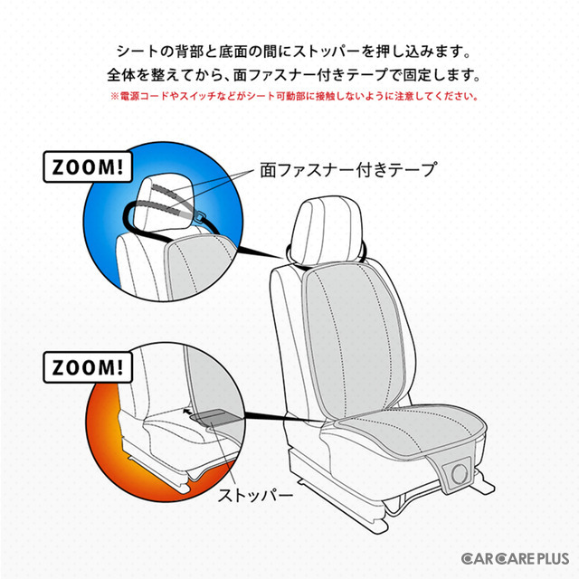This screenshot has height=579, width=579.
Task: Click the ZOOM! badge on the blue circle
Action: [88, 166]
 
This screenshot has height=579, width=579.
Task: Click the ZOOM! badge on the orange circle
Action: [88, 367]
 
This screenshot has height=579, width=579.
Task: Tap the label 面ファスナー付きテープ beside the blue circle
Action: [348, 170]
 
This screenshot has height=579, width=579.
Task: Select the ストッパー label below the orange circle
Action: [255, 495]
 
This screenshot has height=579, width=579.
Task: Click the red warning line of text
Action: [294, 97]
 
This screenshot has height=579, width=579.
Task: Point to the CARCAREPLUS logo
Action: [515, 558]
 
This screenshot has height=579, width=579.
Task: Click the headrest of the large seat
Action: [327, 231]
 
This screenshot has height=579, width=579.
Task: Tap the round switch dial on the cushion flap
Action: [460, 473]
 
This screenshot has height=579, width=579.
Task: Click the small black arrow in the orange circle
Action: [187, 411]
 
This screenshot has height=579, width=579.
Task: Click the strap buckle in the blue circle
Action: [201, 217]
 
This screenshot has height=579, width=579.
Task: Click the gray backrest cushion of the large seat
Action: [355, 340]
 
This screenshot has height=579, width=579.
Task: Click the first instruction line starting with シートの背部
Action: [294, 52]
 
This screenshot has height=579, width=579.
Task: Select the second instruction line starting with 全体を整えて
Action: [294, 75]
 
